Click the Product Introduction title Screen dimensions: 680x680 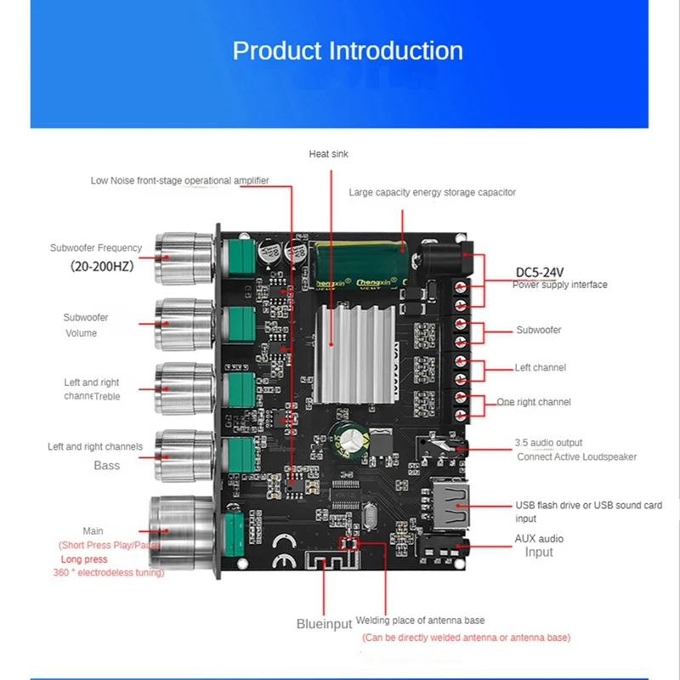tap(348, 51)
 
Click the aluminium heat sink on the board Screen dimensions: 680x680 tap(358, 354)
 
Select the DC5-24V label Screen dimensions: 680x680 tap(540, 272)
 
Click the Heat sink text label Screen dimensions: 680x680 tap(328, 154)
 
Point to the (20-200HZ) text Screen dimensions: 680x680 tap(101, 266)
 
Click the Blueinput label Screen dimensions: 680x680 tap(324, 624)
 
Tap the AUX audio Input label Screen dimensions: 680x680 tap(539, 545)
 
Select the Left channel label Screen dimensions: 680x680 tap(540, 367)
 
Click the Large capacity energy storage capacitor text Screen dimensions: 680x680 tap(432, 192)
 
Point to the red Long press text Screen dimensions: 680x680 tap(84, 559)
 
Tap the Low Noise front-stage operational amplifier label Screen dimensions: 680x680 tap(179, 180)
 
